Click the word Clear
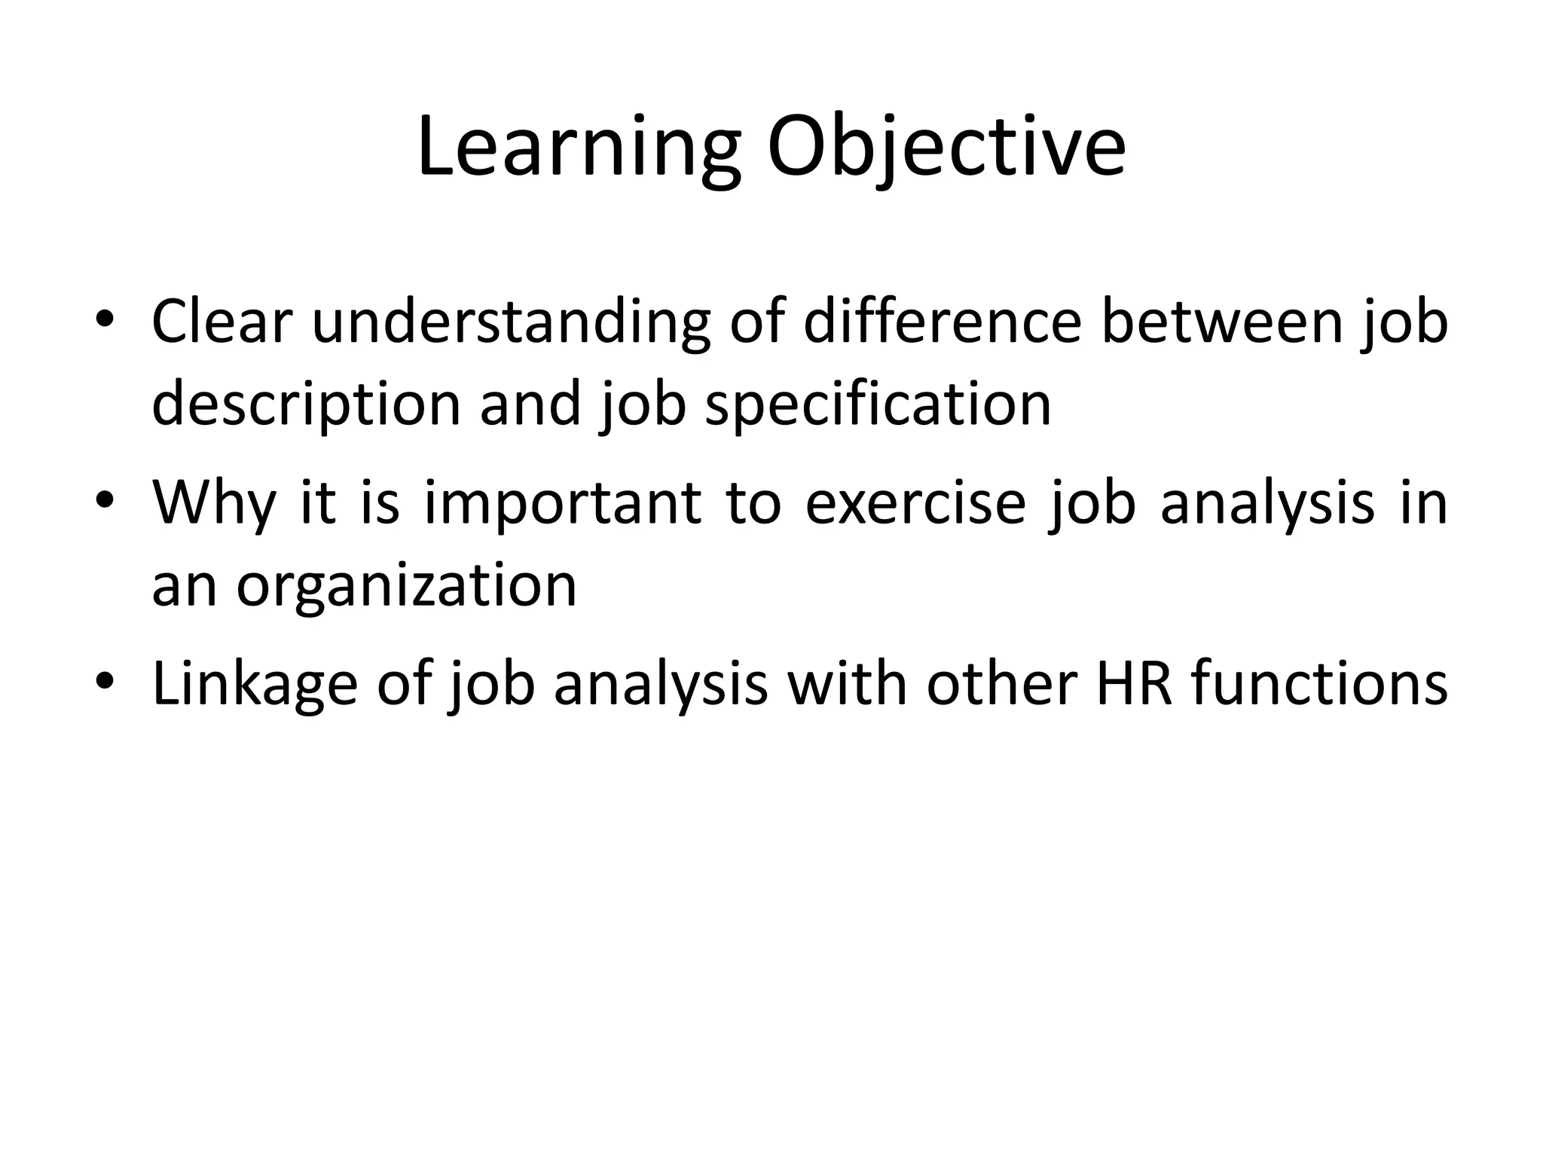222,322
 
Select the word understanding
512,322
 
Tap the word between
1221,322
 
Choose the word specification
878,404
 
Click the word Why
214,502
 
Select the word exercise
915,502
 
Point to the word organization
407,585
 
